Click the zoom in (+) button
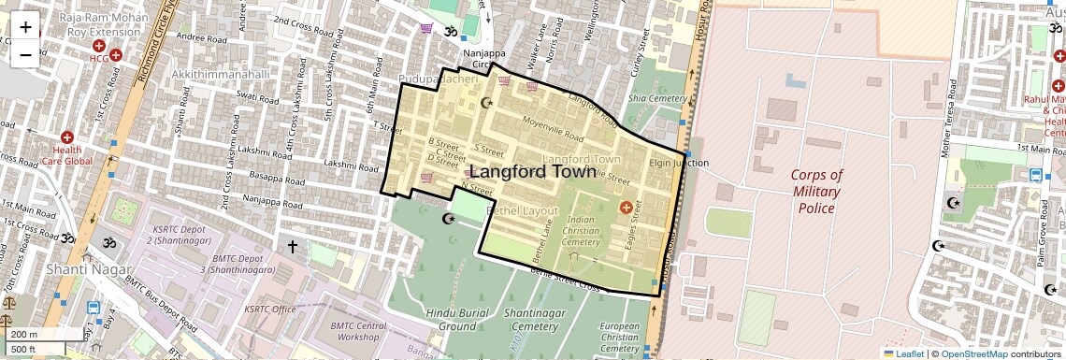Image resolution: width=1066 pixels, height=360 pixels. click(x=25, y=27)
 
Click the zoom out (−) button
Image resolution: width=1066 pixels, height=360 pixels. click(x=25, y=54)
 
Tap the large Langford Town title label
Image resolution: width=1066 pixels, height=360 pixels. click(x=531, y=172)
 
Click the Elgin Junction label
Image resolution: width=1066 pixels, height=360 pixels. click(x=679, y=163)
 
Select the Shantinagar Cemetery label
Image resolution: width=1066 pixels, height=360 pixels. click(x=530, y=319)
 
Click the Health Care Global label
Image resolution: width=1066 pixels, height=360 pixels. click(x=66, y=155)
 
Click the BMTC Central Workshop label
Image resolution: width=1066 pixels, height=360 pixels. click(x=358, y=331)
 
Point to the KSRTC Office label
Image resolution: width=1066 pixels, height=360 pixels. click(x=269, y=309)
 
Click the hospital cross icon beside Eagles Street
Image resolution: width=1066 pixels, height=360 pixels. click(x=626, y=207)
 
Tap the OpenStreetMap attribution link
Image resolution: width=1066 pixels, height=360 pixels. click(x=973, y=353)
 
